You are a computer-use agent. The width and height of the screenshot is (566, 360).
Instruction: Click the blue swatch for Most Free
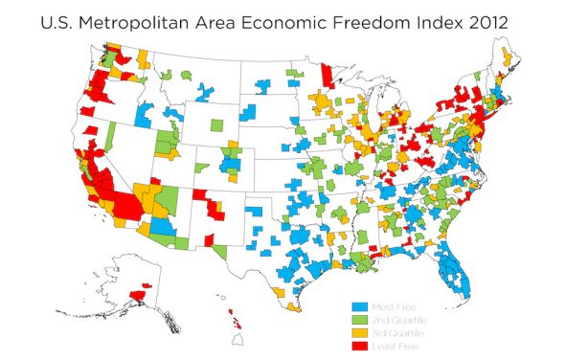(x=362, y=305)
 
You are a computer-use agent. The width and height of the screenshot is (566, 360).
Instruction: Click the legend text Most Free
(x=395, y=305)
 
